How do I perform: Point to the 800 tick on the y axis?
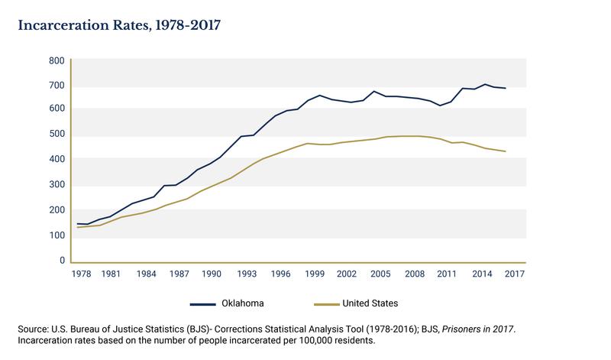click(x=57, y=60)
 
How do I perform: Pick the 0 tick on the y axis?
click(x=62, y=261)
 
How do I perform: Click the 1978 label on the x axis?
click(x=78, y=274)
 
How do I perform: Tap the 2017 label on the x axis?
click(x=515, y=274)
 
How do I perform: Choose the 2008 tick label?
click(x=414, y=274)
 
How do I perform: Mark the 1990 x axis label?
click(x=212, y=274)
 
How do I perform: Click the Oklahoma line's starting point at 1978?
click(x=78, y=224)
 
